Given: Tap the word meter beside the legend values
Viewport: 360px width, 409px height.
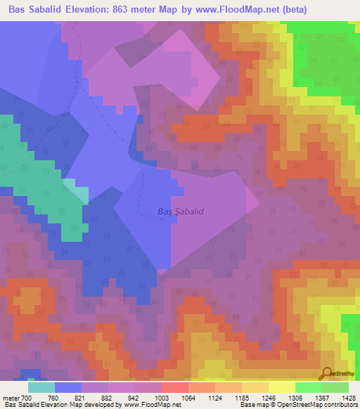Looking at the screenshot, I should tap(12, 397).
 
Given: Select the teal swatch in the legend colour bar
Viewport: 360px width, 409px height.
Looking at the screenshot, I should tap(41, 387).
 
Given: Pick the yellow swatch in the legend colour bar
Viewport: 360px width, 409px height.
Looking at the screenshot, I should tap(281, 387).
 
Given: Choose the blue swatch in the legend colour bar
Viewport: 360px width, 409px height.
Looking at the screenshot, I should tap(68, 387).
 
